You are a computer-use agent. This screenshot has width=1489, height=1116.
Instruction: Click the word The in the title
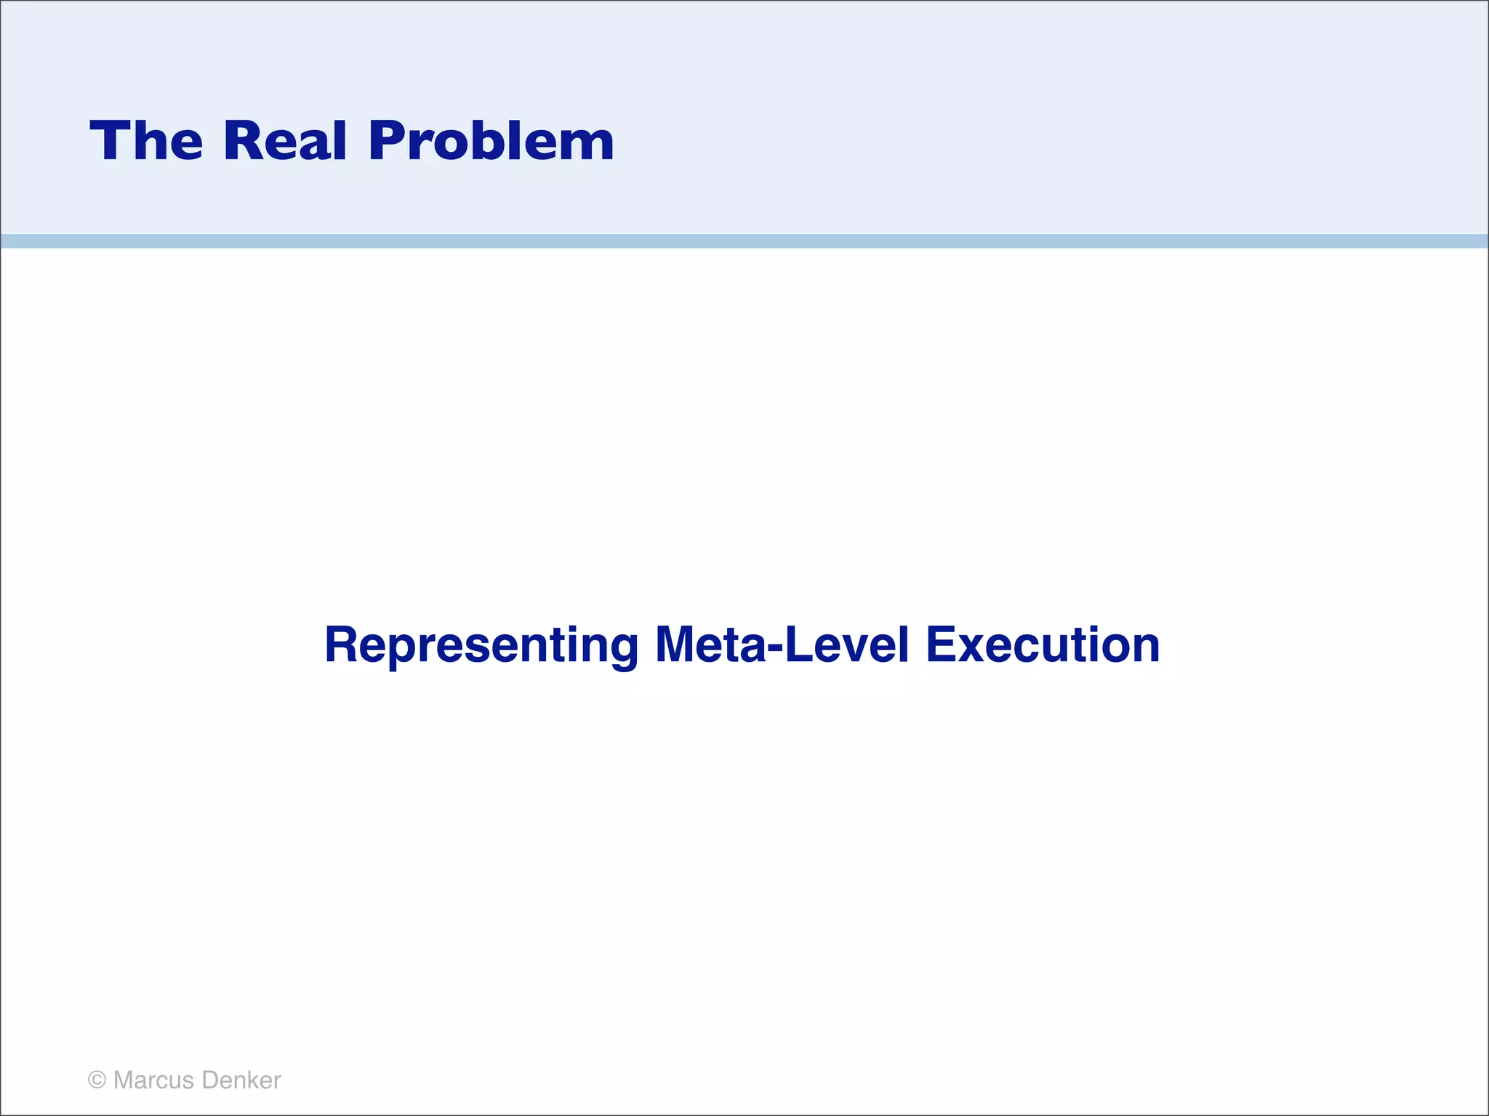146,140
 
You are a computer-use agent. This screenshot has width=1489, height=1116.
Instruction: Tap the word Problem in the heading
491,140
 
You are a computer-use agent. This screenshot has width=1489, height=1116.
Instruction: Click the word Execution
1043,645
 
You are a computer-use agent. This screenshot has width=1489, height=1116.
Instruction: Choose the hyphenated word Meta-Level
782,645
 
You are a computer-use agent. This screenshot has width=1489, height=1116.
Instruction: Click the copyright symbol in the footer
97,1080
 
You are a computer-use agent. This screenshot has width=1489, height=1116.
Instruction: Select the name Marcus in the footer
153,1080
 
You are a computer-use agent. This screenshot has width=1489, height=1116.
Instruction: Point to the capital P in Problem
388,140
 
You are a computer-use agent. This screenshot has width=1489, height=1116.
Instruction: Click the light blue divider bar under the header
744,241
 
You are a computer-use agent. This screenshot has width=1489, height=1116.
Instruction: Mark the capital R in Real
241,140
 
